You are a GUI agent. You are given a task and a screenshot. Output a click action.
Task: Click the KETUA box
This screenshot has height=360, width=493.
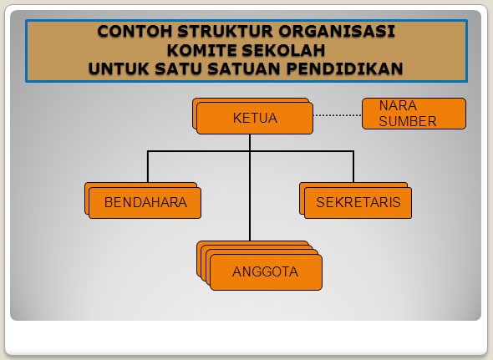click(255, 118)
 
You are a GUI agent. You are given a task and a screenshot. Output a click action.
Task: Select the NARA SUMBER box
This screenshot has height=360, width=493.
click(414, 114)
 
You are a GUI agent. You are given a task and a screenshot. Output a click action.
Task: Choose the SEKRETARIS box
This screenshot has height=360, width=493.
click(358, 202)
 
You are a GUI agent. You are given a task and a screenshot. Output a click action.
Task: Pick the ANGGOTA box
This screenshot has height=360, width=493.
click(265, 271)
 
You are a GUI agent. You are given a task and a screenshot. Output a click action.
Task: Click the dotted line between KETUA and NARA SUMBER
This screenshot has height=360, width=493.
click(338, 115)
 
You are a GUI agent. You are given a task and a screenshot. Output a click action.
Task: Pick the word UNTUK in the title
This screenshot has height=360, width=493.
click(118, 68)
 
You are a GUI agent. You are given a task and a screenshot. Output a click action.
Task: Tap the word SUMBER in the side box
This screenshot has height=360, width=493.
click(407, 121)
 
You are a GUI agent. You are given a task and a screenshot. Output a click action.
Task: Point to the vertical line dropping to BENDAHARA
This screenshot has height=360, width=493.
click(148, 166)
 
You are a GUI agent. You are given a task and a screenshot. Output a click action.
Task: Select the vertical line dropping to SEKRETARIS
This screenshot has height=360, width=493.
click(353, 166)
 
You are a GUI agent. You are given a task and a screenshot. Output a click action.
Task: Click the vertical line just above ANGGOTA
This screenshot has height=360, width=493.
click(250, 221)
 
